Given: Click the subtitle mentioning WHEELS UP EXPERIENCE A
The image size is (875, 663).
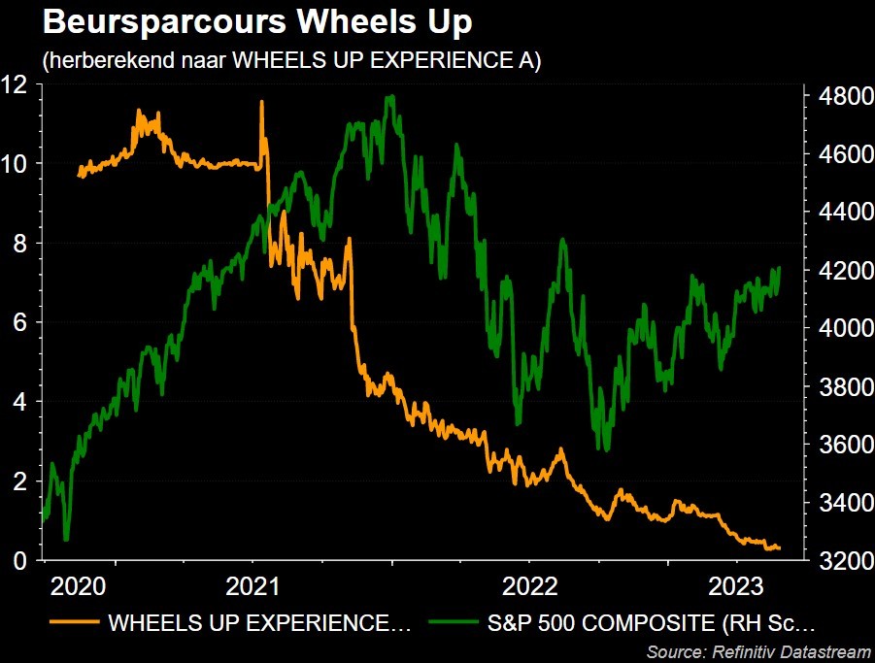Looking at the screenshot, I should pos(291,60).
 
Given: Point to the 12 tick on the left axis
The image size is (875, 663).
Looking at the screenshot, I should pos(15,83).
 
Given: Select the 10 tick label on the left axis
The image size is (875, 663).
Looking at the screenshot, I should pos(15,163).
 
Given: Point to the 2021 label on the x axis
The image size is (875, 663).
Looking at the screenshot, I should pos(254,586).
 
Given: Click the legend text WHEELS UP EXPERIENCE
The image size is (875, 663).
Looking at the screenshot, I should pos(260,622).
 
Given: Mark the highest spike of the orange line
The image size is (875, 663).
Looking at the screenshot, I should pos(261,101).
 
